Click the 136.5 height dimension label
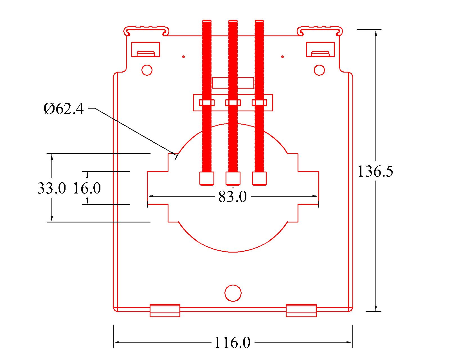375,171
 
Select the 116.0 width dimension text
232,343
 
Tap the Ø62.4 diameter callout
64,109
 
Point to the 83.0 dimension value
233,197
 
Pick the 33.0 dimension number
52,188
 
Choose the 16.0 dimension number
87,188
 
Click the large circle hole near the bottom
233,293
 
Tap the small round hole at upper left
147,70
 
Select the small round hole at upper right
319,70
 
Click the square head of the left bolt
207,178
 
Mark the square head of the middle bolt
233,178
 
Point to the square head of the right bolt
259,178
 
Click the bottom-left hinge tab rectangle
165,310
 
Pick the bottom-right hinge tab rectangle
301,310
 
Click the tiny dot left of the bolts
183,57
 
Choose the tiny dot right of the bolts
283,57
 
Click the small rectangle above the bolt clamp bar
233,83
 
